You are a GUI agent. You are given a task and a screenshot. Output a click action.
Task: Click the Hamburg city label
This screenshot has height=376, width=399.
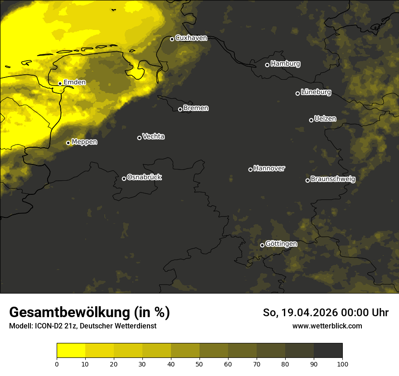285,64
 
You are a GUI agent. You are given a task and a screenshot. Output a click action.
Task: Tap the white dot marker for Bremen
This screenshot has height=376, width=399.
180,109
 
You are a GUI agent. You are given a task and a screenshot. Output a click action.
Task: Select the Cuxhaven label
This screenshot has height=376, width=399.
191,38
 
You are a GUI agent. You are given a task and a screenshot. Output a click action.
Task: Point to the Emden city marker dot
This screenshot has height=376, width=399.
60,83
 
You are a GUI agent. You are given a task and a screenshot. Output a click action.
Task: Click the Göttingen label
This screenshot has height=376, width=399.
281,244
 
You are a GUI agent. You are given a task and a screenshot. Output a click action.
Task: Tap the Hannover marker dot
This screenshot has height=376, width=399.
250,169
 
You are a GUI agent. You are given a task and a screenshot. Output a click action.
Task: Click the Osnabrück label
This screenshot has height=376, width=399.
144,178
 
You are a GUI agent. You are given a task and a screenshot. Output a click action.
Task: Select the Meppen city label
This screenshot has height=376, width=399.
84,142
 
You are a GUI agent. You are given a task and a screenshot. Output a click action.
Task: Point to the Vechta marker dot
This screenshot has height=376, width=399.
139,138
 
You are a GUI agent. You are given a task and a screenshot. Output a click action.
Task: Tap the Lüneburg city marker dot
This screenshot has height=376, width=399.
297,93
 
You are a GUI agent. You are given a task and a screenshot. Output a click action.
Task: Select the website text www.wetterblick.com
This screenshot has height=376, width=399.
327,326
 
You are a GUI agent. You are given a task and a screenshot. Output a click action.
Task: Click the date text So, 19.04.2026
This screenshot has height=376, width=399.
299,313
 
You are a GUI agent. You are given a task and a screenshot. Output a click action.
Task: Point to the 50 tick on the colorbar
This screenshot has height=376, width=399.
199,364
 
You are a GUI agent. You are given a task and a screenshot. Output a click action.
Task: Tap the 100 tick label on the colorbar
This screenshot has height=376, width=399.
342,364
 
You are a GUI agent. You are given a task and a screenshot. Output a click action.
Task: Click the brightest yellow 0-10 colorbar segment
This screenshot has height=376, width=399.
71,351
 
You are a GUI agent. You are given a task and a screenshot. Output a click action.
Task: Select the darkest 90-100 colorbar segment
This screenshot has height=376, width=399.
328,351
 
